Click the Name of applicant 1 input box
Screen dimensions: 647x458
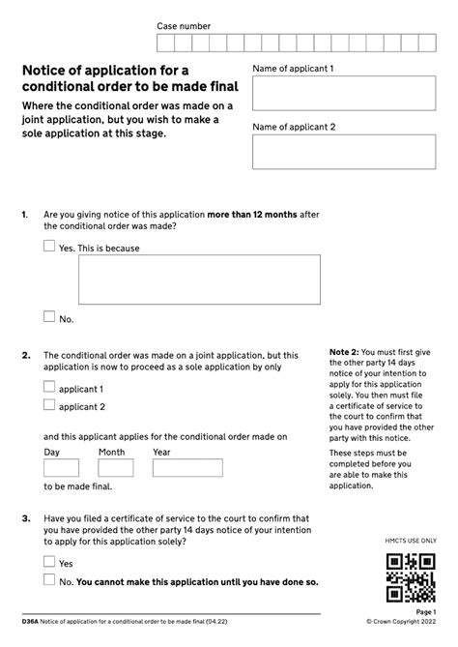point(344,94)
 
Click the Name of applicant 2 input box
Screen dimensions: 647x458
point(344,152)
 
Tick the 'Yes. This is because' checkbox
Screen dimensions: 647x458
point(49,247)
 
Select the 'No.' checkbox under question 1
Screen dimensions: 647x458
point(49,316)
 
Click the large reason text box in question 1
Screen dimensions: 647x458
point(199,279)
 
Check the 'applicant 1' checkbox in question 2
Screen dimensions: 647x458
point(49,387)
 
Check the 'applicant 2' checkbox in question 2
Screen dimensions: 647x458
point(49,406)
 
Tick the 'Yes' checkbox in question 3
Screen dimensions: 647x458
point(49,562)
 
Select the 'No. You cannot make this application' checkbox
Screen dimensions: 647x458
point(49,580)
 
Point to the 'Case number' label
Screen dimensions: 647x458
point(184,26)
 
